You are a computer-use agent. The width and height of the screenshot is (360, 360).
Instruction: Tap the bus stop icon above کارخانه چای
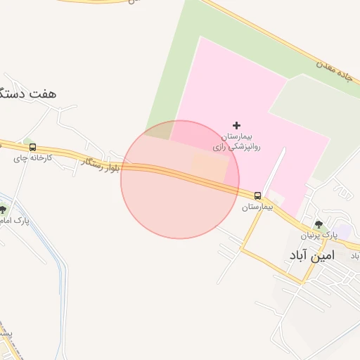pos(32,148)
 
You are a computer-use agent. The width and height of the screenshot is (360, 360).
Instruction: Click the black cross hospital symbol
pos(236,125)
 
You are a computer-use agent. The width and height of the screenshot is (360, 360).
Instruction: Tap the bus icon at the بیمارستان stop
pos(258,195)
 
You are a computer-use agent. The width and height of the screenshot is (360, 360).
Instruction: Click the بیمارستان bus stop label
pos(257,207)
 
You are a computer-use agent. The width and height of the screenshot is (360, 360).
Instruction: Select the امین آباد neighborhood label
pos(320,256)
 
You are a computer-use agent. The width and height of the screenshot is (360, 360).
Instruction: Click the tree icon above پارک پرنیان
pos(319,224)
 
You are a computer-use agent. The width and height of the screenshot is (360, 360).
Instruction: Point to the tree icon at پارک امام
pos(3,209)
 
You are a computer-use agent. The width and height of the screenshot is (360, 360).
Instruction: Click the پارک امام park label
pos(14,221)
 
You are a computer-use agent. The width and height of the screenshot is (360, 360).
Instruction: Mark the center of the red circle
pos(180,179)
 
